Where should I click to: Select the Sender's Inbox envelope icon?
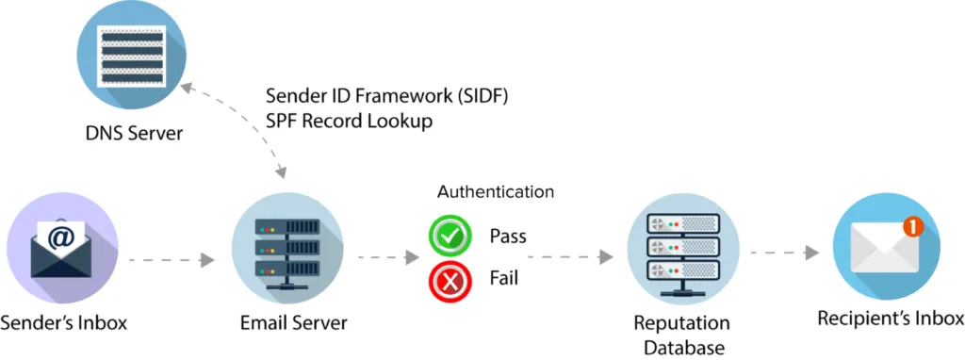(x=63, y=247)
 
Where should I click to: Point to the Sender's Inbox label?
(x=64, y=323)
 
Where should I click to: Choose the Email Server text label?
(x=292, y=323)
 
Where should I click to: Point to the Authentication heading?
(x=496, y=191)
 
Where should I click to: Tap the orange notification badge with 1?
(x=909, y=225)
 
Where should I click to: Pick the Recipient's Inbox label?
(x=891, y=317)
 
